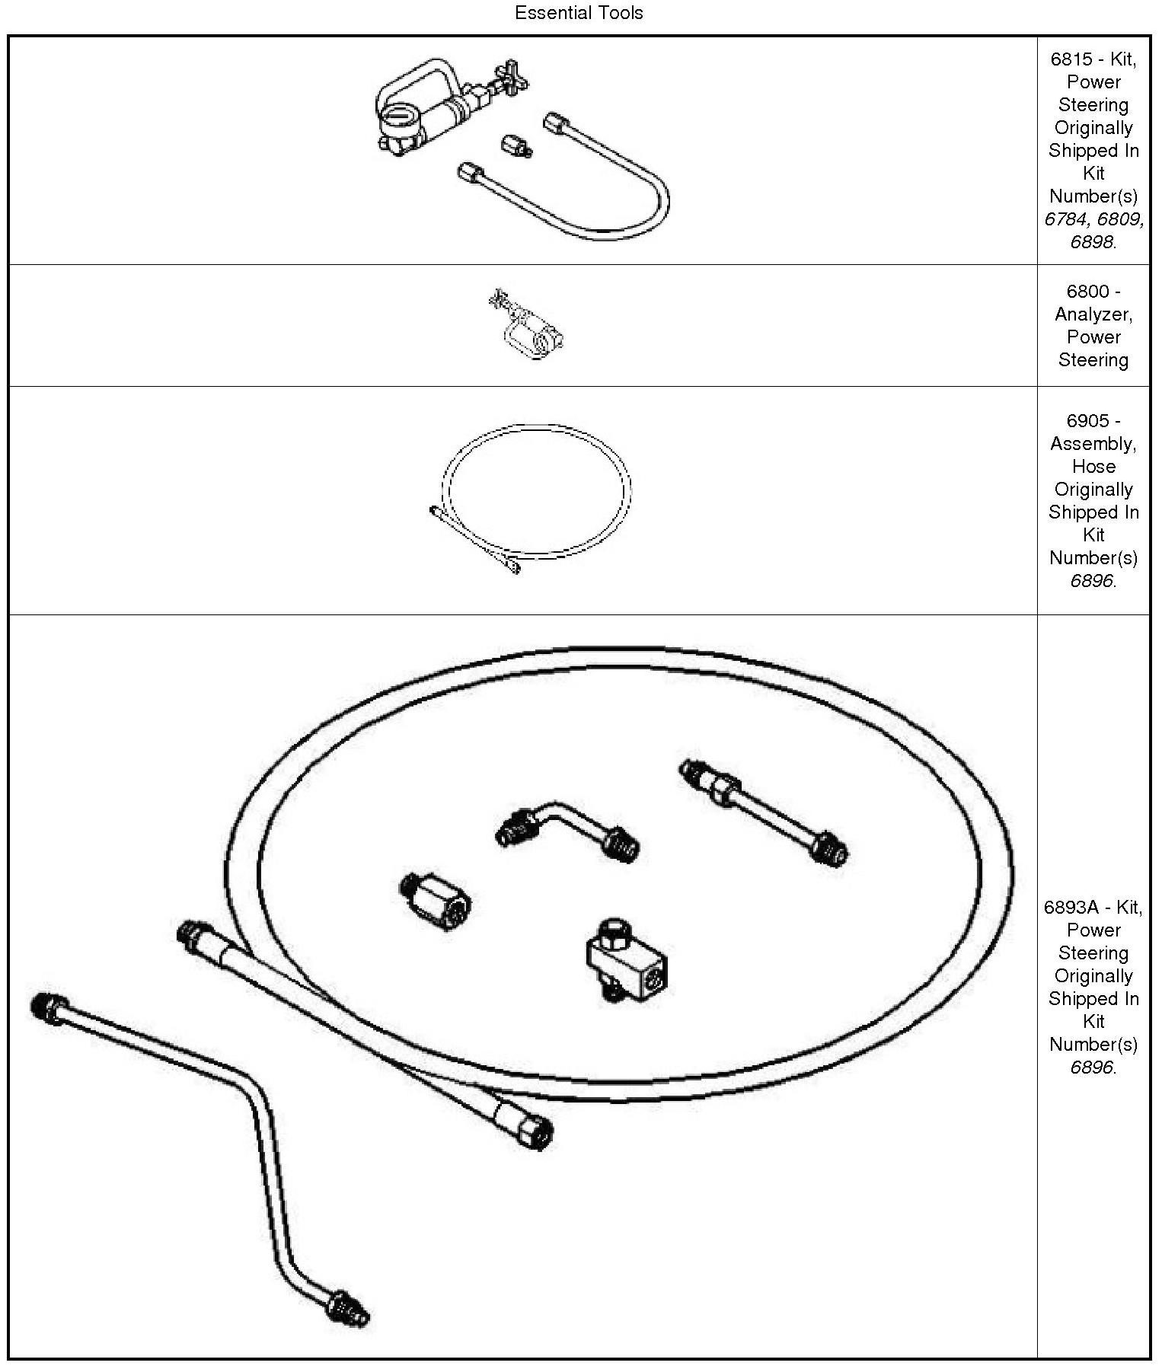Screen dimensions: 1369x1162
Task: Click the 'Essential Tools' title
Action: point(579,13)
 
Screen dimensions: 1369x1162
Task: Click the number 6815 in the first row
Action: point(1071,59)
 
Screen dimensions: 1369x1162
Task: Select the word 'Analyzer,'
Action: point(1093,314)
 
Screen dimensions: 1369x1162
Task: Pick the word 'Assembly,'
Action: point(1093,444)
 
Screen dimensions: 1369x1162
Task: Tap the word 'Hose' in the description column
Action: point(1093,467)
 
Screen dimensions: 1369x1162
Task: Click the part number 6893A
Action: point(1071,908)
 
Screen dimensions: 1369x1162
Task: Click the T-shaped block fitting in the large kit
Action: point(626,959)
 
